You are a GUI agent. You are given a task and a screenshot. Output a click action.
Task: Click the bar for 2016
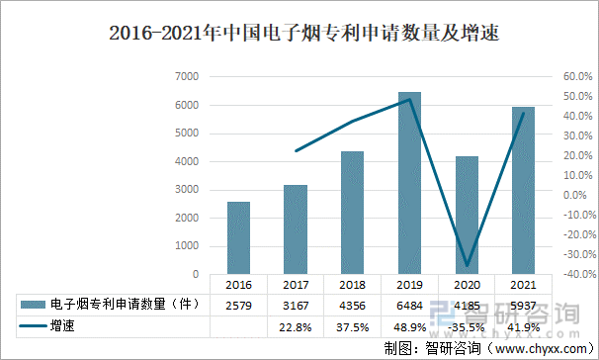[x=238, y=237]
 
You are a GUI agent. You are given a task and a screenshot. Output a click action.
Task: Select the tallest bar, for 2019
[x=409, y=183]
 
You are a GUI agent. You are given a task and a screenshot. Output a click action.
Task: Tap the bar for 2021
[x=523, y=190]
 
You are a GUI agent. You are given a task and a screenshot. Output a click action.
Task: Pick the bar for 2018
[x=352, y=213]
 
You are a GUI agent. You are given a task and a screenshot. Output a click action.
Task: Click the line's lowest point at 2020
[x=467, y=266]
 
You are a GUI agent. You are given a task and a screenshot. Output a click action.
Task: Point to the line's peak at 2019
[x=409, y=99]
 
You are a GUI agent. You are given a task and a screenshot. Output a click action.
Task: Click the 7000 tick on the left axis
[x=187, y=76]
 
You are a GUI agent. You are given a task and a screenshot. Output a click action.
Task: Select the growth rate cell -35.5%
[x=467, y=325]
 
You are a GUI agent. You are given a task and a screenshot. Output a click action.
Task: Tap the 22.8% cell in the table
[x=296, y=325]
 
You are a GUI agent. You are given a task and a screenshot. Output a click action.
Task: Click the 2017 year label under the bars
[x=296, y=284]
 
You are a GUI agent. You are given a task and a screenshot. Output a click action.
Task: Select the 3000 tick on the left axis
[x=187, y=189]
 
